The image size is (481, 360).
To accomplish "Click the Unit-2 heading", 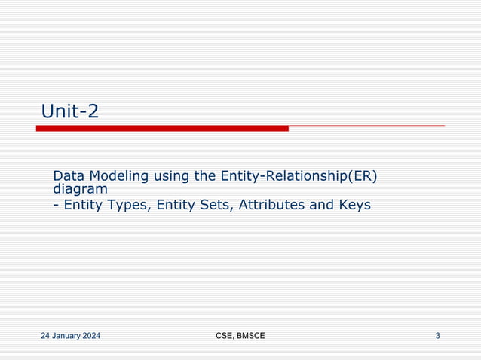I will (x=69, y=111).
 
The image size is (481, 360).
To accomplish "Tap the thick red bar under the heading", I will (x=162, y=129).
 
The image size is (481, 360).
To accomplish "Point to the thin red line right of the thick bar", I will (x=366, y=126).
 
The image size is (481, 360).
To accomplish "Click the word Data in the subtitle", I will (x=69, y=176).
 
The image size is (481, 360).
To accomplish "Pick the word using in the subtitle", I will (x=172, y=177).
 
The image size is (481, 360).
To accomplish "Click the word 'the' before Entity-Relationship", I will (x=206, y=176).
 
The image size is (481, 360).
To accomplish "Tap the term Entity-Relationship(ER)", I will (x=299, y=177).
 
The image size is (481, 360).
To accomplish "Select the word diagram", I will (x=80, y=190).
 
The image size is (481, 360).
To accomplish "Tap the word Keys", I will (x=354, y=205).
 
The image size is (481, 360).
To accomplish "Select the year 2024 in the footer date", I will (x=91, y=336).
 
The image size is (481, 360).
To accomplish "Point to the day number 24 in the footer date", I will (x=45, y=336).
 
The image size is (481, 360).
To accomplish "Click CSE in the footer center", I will (x=224, y=336).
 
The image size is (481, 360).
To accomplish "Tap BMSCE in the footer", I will (x=251, y=336).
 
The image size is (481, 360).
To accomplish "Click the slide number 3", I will (x=438, y=336).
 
